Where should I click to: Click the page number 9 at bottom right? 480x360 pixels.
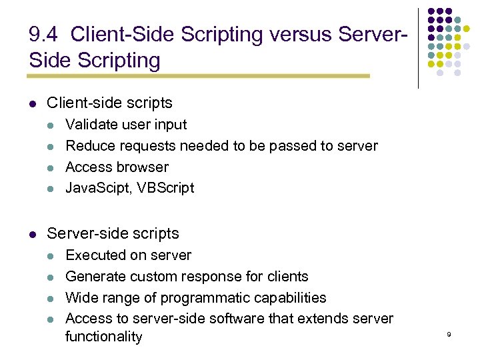[x=449, y=333]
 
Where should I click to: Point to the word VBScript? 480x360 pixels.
[x=166, y=188]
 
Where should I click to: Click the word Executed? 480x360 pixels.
[x=93, y=255]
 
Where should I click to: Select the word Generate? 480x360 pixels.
[x=93, y=277]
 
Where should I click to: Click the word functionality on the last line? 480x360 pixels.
[x=103, y=337]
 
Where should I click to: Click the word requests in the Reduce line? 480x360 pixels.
[x=150, y=146]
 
